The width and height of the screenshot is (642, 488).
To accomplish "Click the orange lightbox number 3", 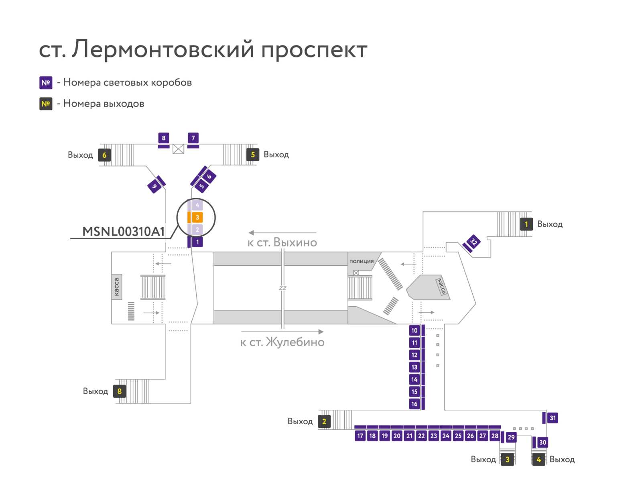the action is [197, 217].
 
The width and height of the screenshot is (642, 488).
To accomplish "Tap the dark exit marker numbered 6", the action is [104, 155].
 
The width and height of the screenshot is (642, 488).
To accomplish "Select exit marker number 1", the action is [526, 224].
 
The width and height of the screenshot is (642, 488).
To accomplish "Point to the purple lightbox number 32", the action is [473, 242].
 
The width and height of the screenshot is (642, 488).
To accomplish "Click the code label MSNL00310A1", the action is [124, 232].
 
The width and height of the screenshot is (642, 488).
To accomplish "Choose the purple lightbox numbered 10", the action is [414, 330].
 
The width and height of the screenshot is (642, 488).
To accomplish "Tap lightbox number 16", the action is [414, 404].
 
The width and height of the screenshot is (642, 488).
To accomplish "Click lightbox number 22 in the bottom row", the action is [421, 436].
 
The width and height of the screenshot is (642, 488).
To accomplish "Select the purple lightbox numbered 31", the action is [553, 418].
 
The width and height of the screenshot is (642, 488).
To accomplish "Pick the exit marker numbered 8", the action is [120, 391].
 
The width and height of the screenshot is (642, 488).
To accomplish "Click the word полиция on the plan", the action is [362, 261].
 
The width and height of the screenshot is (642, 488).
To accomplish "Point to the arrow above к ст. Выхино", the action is [282, 233].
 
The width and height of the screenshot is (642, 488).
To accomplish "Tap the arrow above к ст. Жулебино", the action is [282, 331].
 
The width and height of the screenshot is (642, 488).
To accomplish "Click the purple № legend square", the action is [46, 83].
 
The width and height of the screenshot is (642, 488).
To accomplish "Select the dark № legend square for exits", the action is [46, 104].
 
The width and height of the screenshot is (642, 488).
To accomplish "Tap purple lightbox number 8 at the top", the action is [163, 138].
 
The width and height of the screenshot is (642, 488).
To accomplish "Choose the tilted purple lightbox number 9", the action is [154, 186].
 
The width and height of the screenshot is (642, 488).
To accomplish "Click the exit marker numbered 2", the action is [324, 421].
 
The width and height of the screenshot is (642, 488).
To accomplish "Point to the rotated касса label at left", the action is [117, 287].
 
